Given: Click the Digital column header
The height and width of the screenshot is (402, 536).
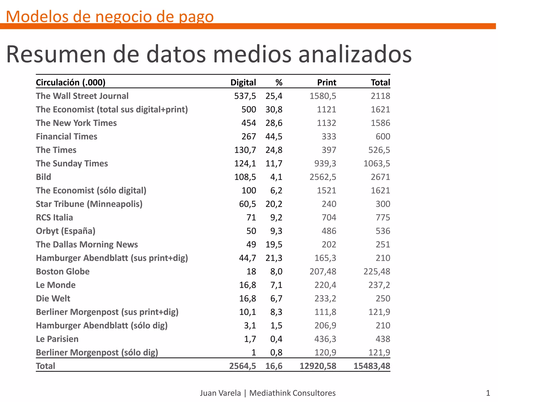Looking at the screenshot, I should click(x=243, y=82).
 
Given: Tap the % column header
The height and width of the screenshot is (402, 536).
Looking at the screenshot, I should click(x=279, y=82).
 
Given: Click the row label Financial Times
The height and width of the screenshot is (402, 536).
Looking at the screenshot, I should click(x=66, y=136).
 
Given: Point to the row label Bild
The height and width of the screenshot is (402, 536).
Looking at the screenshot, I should click(x=43, y=177).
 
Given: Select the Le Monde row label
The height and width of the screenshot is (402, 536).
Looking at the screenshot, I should click(x=56, y=285).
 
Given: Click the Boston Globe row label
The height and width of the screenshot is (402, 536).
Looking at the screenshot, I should click(x=63, y=271).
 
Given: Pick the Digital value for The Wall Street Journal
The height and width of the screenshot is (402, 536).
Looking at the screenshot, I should click(x=245, y=96).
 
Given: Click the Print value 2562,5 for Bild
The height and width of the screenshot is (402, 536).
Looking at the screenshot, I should click(x=323, y=177).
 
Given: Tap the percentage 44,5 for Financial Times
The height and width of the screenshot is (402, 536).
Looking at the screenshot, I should click(x=274, y=136).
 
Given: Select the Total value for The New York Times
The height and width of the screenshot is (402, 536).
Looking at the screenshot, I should click(x=380, y=123).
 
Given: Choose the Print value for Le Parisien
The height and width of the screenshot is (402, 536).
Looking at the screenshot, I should click(x=325, y=339).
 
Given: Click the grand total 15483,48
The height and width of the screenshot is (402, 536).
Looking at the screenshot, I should click(x=372, y=366).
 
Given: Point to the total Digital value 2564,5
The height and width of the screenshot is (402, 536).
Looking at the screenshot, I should click(x=243, y=366).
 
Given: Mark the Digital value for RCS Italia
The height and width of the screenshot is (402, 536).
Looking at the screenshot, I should click(x=251, y=217).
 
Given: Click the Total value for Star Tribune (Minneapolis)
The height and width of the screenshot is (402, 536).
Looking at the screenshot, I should click(x=383, y=204).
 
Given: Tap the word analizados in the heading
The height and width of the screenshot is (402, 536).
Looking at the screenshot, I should click(x=355, y=54).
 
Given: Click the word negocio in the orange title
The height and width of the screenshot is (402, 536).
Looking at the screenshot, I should click(x=123, y=16).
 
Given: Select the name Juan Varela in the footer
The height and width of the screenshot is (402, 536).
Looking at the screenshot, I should click(x=220, y=393).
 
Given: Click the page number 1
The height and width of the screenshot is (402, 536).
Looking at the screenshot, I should click(x=488, y=393).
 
